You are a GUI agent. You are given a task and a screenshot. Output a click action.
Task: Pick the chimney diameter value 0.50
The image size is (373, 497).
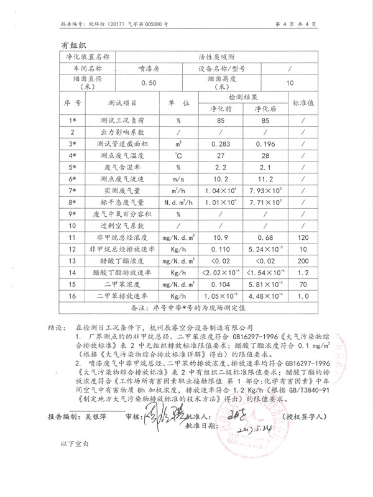pos(148,83)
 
